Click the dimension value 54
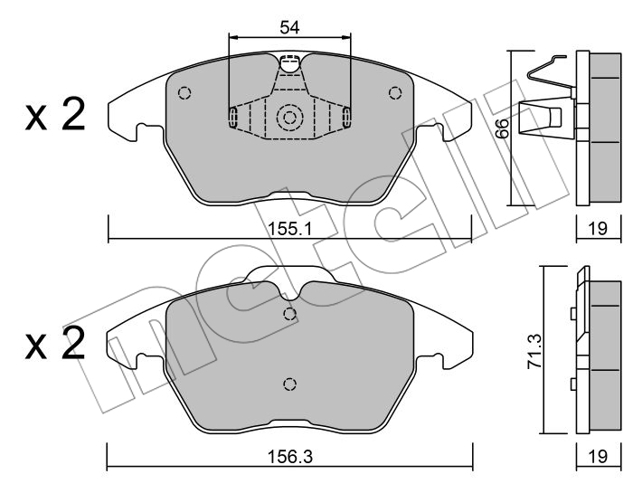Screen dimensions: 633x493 [x=289, y=27]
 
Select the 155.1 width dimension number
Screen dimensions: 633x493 [x=290, y=230]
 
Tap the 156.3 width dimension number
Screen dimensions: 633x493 [x=290, y=457]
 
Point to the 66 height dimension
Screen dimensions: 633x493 [x=502, y=128]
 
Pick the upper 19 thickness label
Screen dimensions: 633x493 [x=598, y=229]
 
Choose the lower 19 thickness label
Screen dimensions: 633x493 [x=598, y=456]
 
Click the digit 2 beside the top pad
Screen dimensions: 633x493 [x=73, y=114]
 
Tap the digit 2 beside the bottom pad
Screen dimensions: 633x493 [x=73, y=343]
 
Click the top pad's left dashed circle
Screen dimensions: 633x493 [x=184, y=93]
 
